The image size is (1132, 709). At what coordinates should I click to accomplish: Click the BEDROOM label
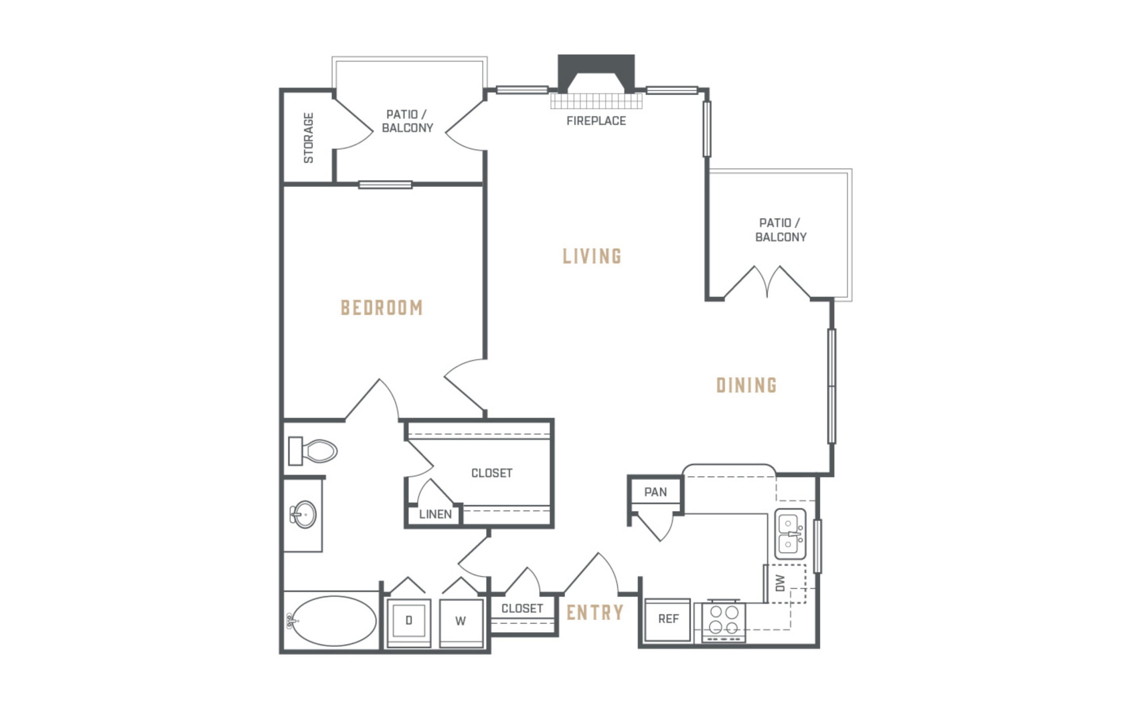tap(382, 307)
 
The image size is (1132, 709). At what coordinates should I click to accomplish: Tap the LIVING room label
tap(592, 256)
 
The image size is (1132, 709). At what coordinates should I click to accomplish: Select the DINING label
tap(746, 385)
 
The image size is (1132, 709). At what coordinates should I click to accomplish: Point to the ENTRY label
tap(595, 612)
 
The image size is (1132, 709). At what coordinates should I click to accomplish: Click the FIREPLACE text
tap(596, 121)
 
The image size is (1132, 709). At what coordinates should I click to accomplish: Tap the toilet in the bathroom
tap(313, 451)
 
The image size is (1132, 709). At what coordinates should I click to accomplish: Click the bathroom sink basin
tap(304, 514)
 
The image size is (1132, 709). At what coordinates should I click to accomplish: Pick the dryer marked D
tap(409, 623)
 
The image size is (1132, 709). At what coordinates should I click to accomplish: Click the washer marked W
tap(461, 623)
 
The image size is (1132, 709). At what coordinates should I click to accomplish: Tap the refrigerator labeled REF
tap(668, 620)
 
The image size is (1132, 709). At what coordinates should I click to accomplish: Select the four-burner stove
tap(723, 621)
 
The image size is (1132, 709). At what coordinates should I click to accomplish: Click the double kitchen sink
tap(790, 534)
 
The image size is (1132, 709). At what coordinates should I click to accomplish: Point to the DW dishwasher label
tap(780, 583)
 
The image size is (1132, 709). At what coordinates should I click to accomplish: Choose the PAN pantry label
tap(655, 492)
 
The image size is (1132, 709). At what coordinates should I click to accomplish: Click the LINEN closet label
tap(436, 514)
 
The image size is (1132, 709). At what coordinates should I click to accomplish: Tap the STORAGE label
tap(308, 138)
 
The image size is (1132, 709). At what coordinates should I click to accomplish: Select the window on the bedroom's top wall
tap(385, 185)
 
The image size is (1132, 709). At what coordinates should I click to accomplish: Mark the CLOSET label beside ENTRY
tap(522, 609)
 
